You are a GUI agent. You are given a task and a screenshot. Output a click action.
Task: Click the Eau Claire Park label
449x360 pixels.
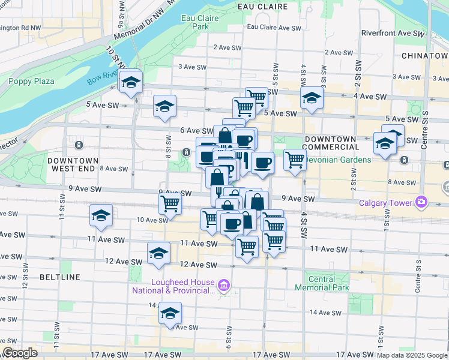coord(199,22)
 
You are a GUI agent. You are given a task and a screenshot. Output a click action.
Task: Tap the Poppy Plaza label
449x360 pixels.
coord(31,82)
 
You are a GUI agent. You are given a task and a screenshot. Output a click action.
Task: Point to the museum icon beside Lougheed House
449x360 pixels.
coord(224,286)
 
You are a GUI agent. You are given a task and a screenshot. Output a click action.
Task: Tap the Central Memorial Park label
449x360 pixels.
coord(328,283)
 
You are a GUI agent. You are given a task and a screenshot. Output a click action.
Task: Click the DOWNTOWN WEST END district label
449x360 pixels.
coord(72,165)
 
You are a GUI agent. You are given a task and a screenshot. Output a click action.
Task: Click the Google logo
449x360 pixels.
coord(19,352)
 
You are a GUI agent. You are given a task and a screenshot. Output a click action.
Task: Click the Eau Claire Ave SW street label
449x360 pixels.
coord(274,28)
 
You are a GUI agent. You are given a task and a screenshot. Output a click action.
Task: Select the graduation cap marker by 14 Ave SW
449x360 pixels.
coord(170,313)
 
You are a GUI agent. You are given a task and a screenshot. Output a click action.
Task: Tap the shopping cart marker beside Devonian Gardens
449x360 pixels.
coord(294,160)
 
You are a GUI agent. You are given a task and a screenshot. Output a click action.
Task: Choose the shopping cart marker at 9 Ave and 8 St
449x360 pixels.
coord(170,204)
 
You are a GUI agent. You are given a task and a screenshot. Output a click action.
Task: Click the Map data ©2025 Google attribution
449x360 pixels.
coord(412,355)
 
